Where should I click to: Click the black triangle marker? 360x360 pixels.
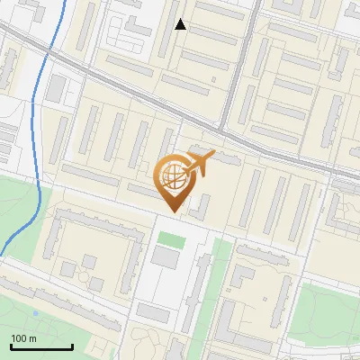(180, 24)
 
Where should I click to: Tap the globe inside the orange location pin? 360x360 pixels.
(173, 176)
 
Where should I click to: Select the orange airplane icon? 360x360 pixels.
(201, 163)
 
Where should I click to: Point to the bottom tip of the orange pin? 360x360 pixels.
(173, 211)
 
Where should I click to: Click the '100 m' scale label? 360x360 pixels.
(24, 337)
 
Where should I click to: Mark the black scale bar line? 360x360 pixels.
(40, 346)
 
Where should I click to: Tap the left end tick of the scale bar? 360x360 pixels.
(10, 345)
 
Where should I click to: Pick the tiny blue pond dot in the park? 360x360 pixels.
(35, 313)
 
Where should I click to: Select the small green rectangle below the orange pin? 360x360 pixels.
(170, 239)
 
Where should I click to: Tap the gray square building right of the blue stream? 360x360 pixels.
(56, 88)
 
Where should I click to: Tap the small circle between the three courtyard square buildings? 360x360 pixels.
(79, 268)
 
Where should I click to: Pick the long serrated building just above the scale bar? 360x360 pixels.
(54, 306)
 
